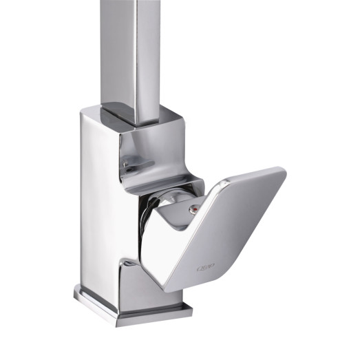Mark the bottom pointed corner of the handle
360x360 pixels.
click(164, 289)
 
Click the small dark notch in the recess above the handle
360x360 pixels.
click(127, 166)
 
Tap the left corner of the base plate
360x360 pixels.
click(77, 296)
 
